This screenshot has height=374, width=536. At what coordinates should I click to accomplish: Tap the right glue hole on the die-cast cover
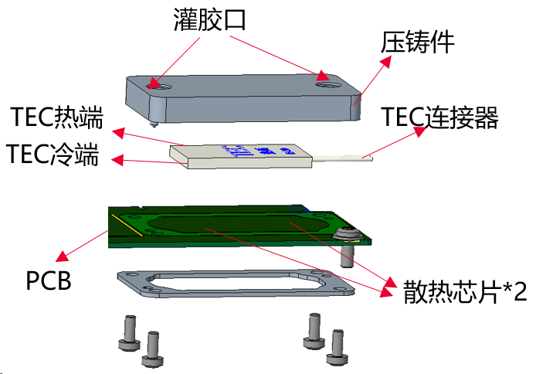click(324, 76)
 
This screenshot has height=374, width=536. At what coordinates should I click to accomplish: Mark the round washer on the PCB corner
click(348, 233)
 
